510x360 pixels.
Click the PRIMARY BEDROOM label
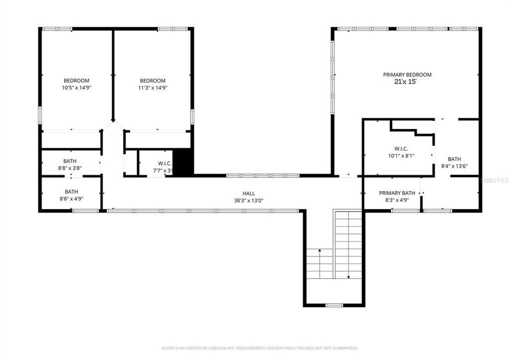click(407, 74)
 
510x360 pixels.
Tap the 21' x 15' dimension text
click(405, 81)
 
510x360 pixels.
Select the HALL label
click(248, 193)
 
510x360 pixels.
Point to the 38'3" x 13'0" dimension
click(248, 200)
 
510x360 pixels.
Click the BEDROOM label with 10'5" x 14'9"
click(76, 80)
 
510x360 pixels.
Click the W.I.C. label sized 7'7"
click(164, 163)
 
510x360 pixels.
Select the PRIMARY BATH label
click(396, 193)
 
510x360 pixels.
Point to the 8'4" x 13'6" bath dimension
click(454, 166)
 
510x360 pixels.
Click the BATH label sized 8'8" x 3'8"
click(70, 161)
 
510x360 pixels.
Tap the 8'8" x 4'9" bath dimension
click(71, 198)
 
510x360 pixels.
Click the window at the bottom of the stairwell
click(333, 305)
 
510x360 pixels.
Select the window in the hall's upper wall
click(262, 175)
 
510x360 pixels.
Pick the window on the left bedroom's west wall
click(40, 114)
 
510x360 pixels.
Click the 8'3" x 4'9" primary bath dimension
click(396, 200)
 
